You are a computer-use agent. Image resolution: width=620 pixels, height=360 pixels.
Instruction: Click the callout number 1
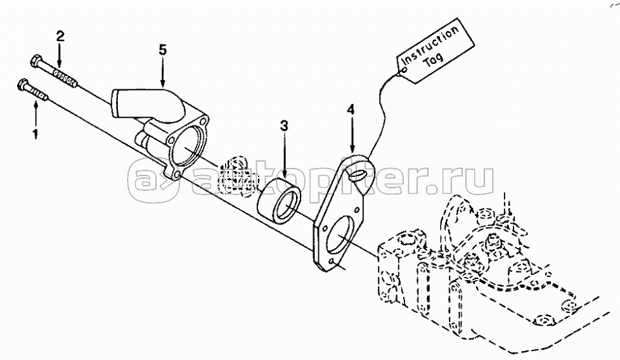click(35, 133)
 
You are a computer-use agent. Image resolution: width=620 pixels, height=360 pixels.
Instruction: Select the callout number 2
click(60, 36)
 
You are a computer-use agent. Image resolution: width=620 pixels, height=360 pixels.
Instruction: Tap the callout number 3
click(285, 126)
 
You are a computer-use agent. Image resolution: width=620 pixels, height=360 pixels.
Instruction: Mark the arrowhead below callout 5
click(162, 84)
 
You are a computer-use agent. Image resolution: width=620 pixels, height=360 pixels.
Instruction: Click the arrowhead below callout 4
click(351, 149)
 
